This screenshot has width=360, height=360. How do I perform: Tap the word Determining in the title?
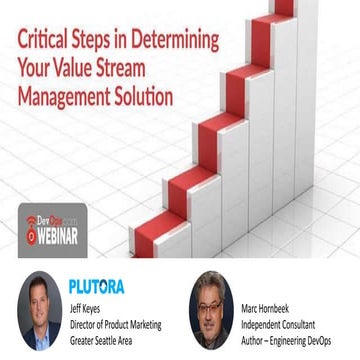[x=169, y=43]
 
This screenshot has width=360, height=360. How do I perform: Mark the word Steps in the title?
[x=95, y=43]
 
